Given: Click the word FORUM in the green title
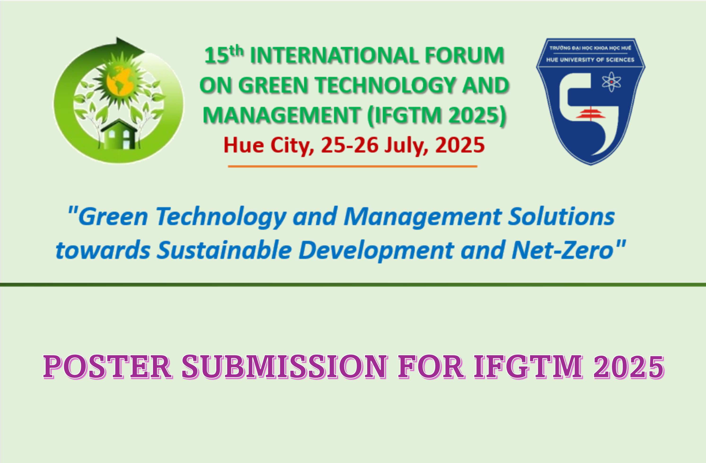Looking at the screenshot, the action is click(465, 56).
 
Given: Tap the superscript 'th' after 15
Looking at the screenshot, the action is click(237, 51).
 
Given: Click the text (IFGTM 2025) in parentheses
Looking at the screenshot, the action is click(437, 115).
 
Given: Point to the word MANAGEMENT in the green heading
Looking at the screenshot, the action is click(282, 115).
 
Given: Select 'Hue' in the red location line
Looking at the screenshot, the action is click(244, 145).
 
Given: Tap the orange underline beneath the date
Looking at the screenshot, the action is click(352, 166).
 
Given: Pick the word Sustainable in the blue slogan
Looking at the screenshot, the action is click(224, 250).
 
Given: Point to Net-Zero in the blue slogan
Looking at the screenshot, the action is click(563, 250).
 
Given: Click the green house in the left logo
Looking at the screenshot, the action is click(119, 134).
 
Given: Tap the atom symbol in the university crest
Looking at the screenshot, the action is click(611, 82).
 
